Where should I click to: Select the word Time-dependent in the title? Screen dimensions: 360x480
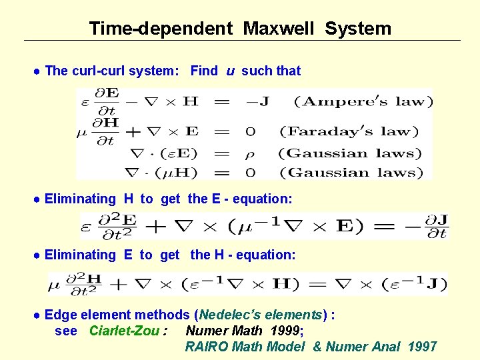[x=161, y=29]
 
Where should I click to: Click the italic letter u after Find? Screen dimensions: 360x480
[x=230, y=71]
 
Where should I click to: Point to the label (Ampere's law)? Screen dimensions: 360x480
[x=363, y=102]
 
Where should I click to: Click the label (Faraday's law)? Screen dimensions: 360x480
[x=349, y=131]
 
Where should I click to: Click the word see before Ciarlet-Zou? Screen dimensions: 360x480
[x=66, y=331]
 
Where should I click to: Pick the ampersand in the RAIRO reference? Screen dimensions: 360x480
[x=317, y=346]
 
